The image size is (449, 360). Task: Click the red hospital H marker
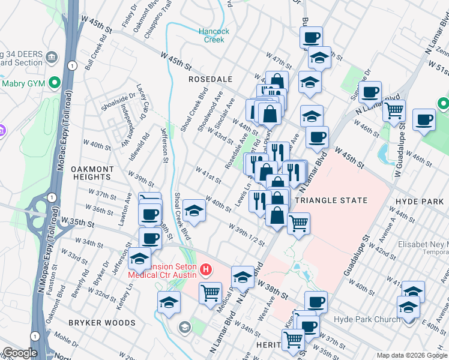point(206,269)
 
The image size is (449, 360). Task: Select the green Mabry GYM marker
point(55,83)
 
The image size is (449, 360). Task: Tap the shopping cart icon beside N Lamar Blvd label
point(394,110)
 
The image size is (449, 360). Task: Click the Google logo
point(19,353)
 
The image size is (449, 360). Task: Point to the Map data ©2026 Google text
point(411,355)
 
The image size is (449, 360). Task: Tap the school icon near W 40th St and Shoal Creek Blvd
point(194,211)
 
